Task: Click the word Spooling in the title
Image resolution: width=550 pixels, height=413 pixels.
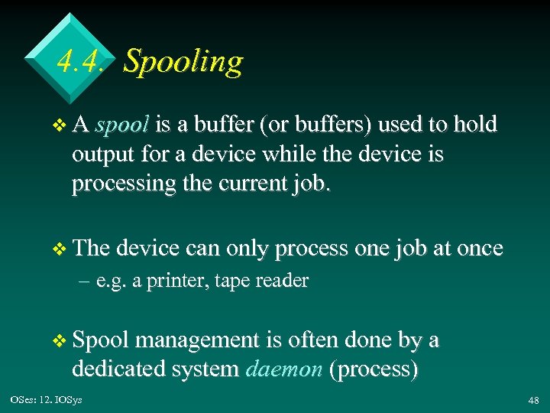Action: (x=183, y=61)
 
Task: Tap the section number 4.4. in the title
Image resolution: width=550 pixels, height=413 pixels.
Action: (x=79, y=61)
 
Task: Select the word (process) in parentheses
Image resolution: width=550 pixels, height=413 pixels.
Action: (x=374, y=369)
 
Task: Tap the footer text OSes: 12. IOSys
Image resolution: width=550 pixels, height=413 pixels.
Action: (x=46, y=400)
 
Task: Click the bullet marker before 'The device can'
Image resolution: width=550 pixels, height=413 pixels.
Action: (x=63, y=249)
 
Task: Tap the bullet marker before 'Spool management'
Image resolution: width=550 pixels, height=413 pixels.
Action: (x=63, y=340)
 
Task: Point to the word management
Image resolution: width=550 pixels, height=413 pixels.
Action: (x=201, y=340)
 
